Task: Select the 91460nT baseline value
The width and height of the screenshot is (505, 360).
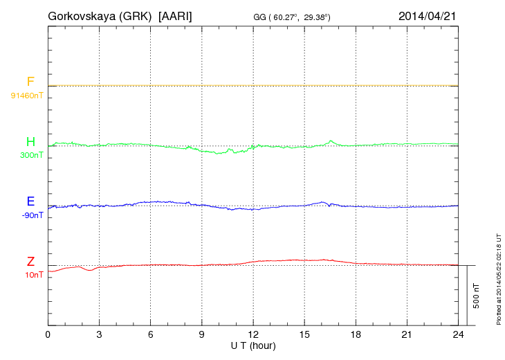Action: pos(27,95)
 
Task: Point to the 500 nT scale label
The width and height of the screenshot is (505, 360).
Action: pos(477,296)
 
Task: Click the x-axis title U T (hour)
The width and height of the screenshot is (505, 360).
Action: pos(253,345)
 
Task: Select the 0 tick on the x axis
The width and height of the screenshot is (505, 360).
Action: pos(48,334)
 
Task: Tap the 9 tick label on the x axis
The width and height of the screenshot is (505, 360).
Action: pos(202,334)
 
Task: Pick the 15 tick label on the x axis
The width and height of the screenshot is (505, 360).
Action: pos(304,334)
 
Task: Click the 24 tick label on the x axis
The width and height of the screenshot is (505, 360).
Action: pos(458,334)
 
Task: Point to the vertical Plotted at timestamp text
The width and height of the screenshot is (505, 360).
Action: pos(498,278)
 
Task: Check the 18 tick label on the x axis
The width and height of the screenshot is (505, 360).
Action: pos(356,334)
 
